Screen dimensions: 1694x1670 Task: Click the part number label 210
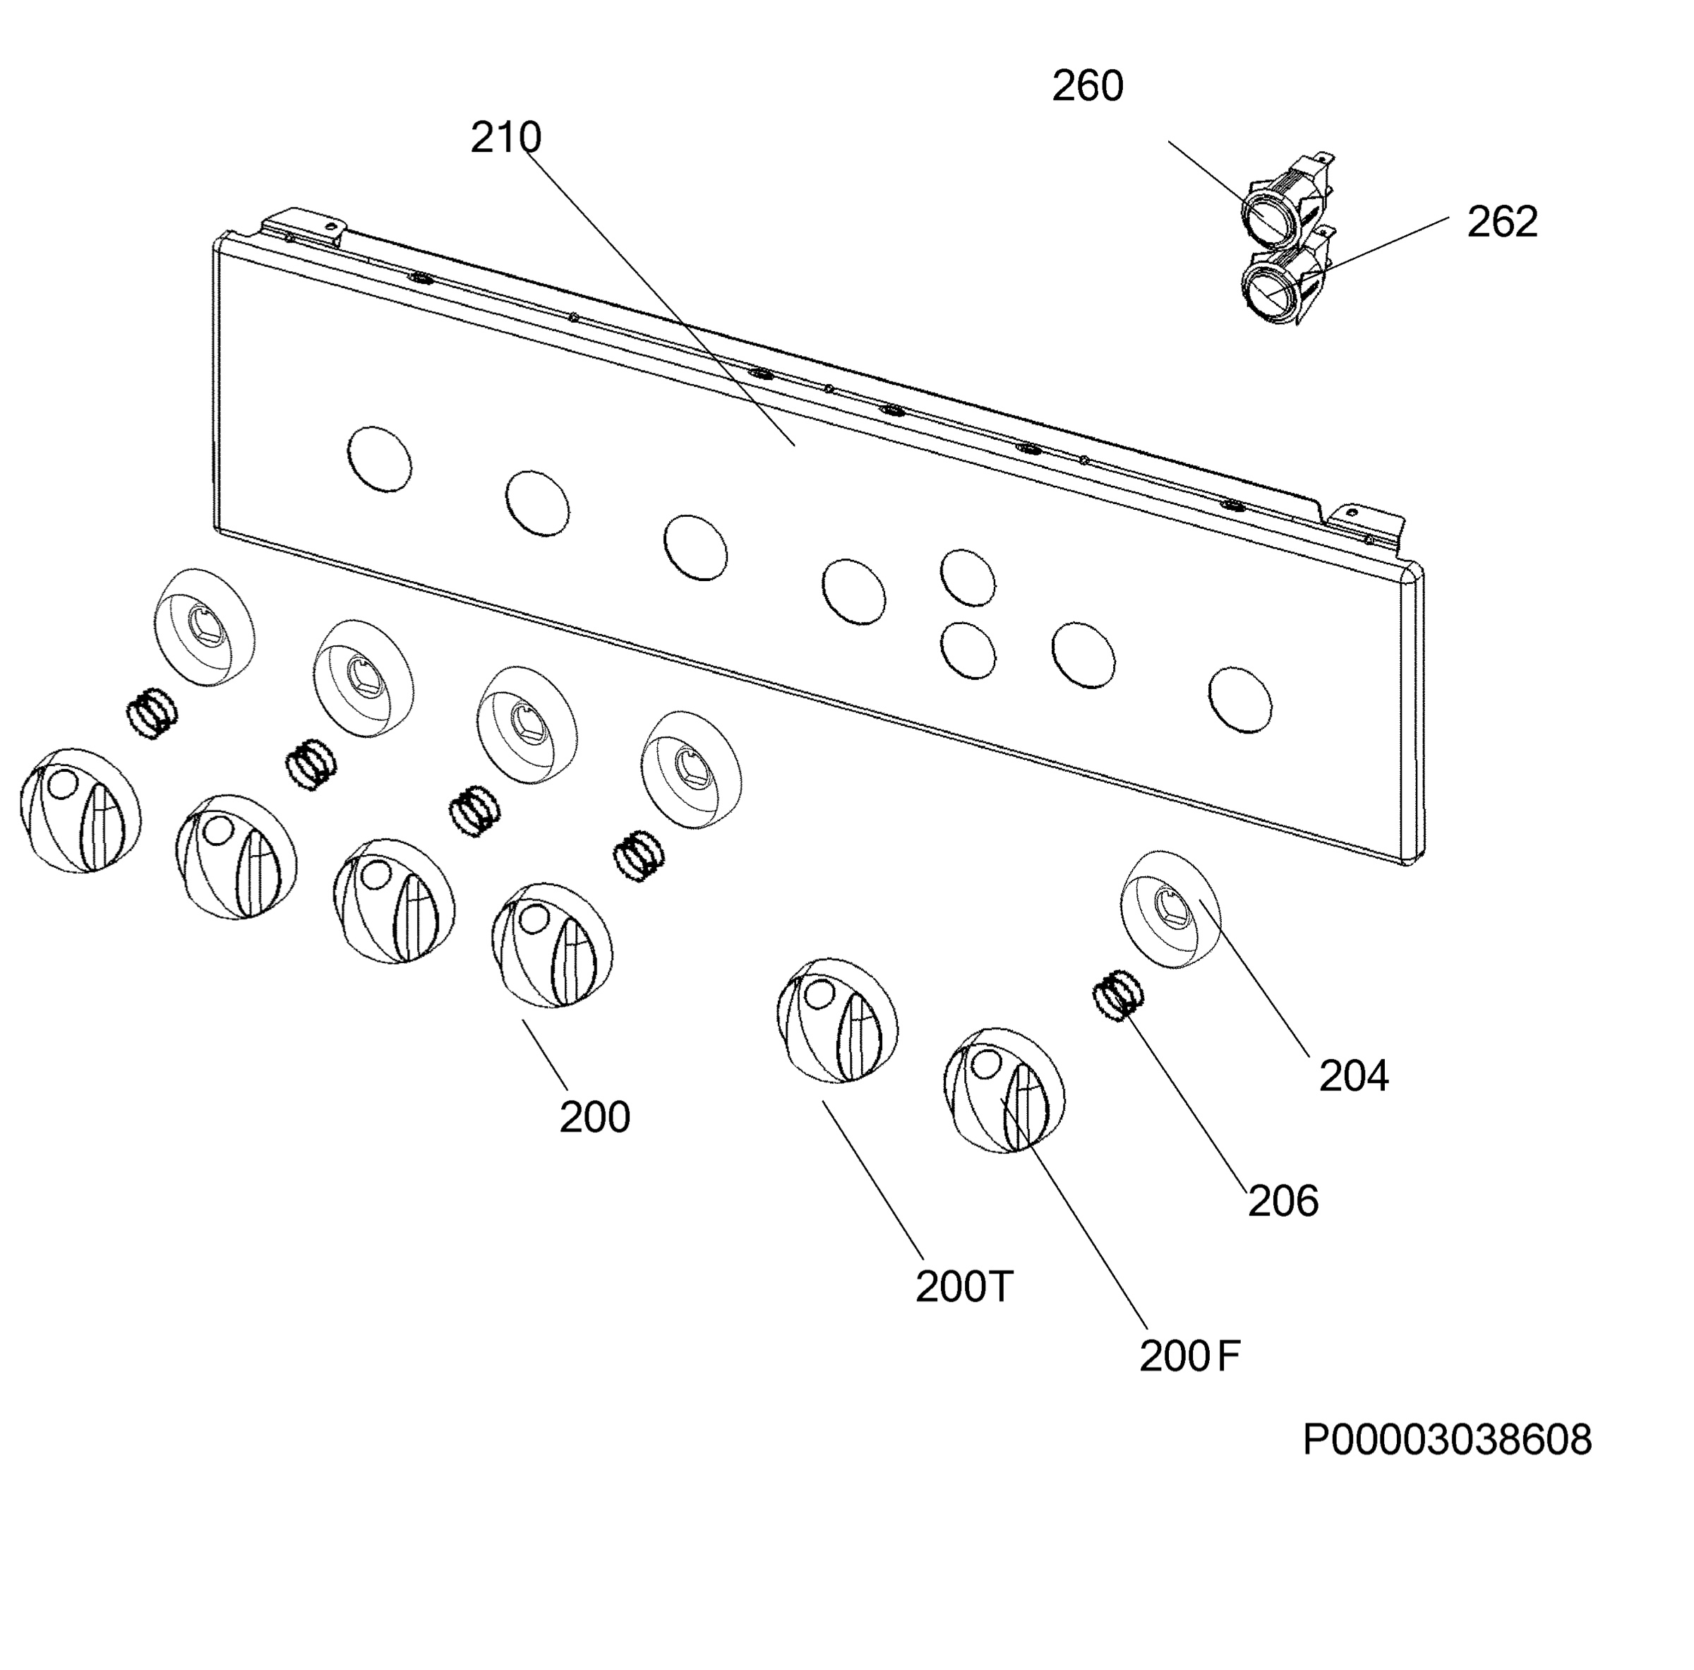point(506,138)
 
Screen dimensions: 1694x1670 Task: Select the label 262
point(1502,222)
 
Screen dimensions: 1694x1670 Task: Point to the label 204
point(1354,1076)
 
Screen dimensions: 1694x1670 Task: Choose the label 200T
point(964,1287)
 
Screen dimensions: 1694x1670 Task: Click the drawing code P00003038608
point(1447,1465)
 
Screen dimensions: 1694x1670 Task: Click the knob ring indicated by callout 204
point(1172,909)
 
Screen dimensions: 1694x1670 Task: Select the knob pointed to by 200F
point(1005,1091)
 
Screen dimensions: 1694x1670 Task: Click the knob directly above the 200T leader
point(839,1020)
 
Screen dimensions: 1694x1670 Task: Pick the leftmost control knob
point(80,811)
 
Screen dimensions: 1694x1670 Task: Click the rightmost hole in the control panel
point(1240,700)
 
